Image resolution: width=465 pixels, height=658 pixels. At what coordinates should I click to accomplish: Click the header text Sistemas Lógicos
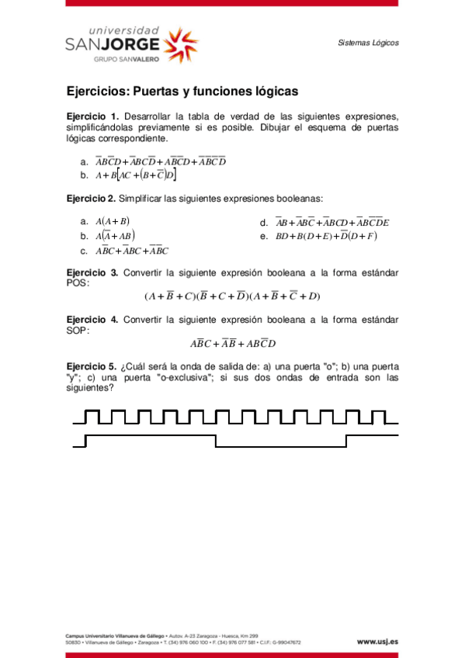click(368, 43)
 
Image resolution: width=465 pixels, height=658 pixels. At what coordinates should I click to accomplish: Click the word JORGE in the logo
click(137, 44)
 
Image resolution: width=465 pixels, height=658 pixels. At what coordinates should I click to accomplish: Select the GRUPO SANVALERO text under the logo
click(122, 59)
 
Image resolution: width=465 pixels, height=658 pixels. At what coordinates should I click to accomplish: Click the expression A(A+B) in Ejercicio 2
click(113, 221)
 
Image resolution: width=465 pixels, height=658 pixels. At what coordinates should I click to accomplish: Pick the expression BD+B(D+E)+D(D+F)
click(326, 236)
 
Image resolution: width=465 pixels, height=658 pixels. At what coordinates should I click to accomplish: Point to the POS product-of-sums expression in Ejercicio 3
click(232, 296)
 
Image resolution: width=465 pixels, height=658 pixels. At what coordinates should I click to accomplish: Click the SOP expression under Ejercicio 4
click(233, 343)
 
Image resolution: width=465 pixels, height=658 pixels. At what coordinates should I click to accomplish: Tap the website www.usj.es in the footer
click(377, 642)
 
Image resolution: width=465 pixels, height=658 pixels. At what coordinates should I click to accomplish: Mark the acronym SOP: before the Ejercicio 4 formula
click(78, 330)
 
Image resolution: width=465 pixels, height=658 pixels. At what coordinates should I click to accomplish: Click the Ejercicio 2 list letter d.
click(264, 223)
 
